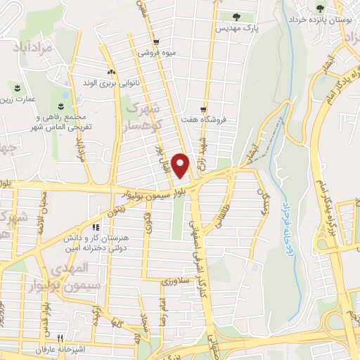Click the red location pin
(x=181, y=166)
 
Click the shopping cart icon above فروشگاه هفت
(x=203, y=110)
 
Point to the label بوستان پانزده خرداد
(x=322, y=21)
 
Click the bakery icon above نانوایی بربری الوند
(x=110, y=72)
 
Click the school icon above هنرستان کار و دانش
(x=96, y=228)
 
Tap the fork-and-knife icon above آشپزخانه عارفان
(x=60, y=337)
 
